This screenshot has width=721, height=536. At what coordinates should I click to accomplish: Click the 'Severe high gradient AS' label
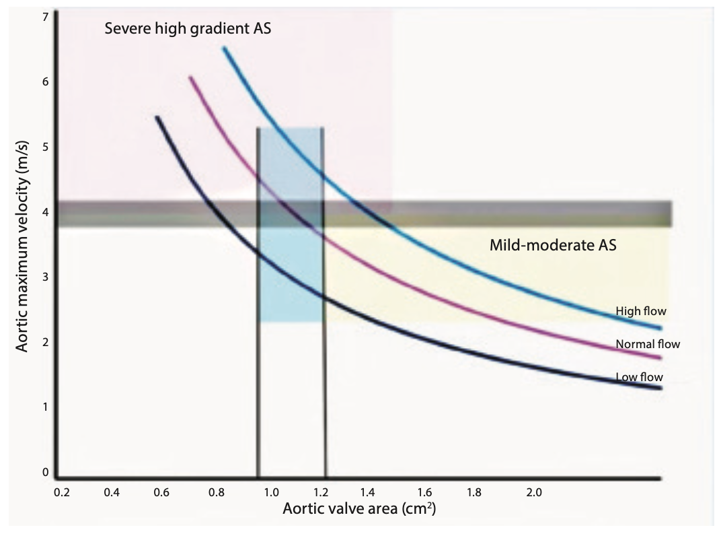pyautogui.click(x=188, y=29)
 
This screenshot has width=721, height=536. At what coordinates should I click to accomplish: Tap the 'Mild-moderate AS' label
pyautogui.click(x=553, y=246)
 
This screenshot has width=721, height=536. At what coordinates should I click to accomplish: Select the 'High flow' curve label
pyautogui.click(x=640, y=311)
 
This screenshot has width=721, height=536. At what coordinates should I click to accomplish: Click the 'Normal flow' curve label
pyautogui.click(x=648, y=344)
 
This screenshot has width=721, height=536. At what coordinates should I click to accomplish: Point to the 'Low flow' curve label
pyautogui.click(x=640, y=376)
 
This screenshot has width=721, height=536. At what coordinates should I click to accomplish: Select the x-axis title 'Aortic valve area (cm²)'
pyautogui.click(x=360, y=508)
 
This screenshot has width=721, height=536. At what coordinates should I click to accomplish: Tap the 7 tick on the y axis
pyautogui.click(x=46, y=16)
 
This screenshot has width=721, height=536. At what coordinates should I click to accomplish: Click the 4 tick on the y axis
pyautogui.click(x=46, y=212)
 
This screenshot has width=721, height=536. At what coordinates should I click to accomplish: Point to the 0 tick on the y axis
pyautogui.click(x=46, y=473)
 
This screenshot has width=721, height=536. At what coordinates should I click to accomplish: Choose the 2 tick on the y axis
pyautogui.click(x=46, y=343)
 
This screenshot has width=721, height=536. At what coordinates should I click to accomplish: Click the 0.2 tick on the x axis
pyautogui.click(x=62, y=492)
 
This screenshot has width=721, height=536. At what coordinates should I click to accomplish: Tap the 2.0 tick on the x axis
pyautogui.click(x=533, y=492)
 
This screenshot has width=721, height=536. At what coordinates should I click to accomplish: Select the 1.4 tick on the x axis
pyautogui.click(x=367, y=492)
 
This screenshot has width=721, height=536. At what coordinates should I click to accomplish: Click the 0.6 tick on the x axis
pyautogui.click(x=161, y=492)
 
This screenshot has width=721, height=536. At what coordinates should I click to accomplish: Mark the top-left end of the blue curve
pyautogui.click(x=224, y=48)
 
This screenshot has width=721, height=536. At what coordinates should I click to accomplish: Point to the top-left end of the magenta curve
pyautogui.click(x=190, y=77)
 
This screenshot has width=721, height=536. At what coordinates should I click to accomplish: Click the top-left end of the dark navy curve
pyautogui.click(x=157, y=117)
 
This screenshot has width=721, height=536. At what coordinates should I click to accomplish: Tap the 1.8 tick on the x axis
pyautogui.click(x=473, y=492)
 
